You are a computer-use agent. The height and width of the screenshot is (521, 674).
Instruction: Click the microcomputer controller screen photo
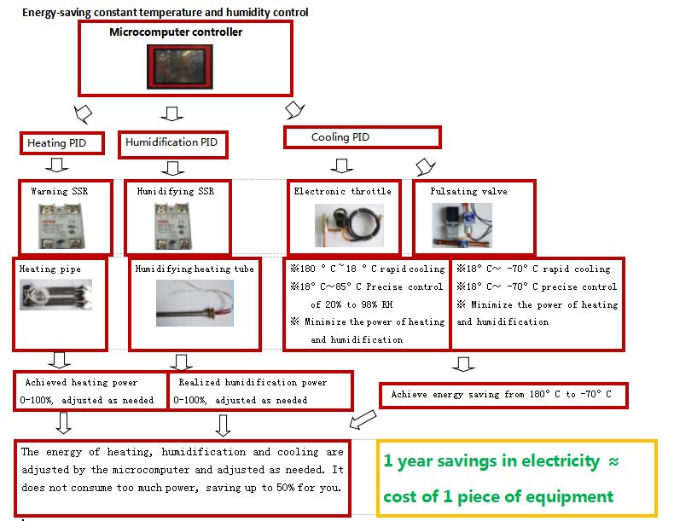tap(180, 67)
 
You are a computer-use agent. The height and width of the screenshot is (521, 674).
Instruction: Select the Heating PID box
tap(62, 143)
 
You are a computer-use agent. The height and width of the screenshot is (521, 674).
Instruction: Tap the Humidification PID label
tap(171, 142)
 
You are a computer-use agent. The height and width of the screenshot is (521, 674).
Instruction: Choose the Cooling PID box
tap(363, 137)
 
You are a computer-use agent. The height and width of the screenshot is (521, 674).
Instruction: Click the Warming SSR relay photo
tap(61, 226)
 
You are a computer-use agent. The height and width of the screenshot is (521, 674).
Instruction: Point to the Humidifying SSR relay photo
tap(173, 226)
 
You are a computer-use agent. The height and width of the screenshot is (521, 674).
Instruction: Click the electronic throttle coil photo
tap(349, 225)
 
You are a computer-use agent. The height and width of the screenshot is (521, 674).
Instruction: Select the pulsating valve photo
tap(462, 225)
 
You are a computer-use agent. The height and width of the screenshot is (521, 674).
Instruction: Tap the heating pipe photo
tap(55, 295)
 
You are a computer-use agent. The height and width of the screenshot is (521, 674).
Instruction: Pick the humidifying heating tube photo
tap(195, 304)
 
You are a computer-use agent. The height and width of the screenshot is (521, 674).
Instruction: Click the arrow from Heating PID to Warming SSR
tap(57, 165)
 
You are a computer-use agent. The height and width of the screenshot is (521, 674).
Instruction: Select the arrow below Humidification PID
tap(173, 168)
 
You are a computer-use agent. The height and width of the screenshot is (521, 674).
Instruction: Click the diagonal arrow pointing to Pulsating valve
tap(425, 166)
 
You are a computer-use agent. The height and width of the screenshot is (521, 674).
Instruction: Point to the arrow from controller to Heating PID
tap(83, 113)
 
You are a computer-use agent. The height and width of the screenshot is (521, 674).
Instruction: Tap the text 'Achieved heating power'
tap(81, 382)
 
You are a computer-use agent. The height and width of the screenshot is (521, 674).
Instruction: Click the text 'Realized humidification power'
tap(253, 382)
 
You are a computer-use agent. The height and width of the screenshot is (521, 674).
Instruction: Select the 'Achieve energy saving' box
tap(503, 395)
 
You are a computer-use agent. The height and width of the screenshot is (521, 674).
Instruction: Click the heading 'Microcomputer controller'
tap(176, 32)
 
